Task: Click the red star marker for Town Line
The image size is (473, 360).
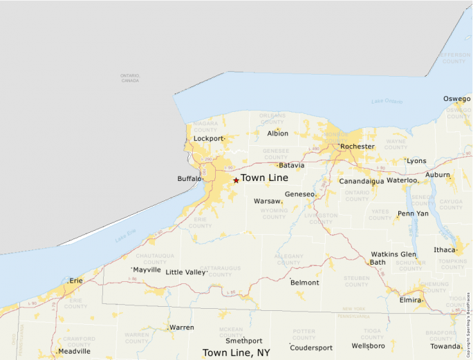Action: click(236, 180)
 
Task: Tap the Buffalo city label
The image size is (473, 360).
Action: click(189, 179)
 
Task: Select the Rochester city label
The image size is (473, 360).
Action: click(357, 146)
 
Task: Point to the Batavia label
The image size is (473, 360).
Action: click(291, 166)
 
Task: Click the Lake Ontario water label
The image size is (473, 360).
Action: click(386, 102)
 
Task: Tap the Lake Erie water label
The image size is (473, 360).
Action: click(127, 238)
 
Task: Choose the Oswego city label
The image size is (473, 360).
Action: click(456, 99)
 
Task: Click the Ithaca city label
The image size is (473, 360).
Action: click(445, 249)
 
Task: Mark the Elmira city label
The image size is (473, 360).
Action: click(411, 301)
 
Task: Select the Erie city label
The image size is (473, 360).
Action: click(75, 281)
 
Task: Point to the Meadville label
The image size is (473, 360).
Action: click(74, 351)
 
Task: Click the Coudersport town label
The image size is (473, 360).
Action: click(311, 348)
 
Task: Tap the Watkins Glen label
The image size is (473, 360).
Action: click(393, 254)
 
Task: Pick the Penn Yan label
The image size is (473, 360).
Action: click(413, 214)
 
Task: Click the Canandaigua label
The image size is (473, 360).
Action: click(361, 181)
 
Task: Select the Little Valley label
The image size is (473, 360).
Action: click(186, 272)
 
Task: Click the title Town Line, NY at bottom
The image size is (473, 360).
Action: click(236, 353)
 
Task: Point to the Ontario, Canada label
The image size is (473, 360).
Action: click(129, 77)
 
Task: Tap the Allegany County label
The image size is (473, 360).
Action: click(288, 259)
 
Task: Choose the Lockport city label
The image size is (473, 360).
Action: click(208, 138)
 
